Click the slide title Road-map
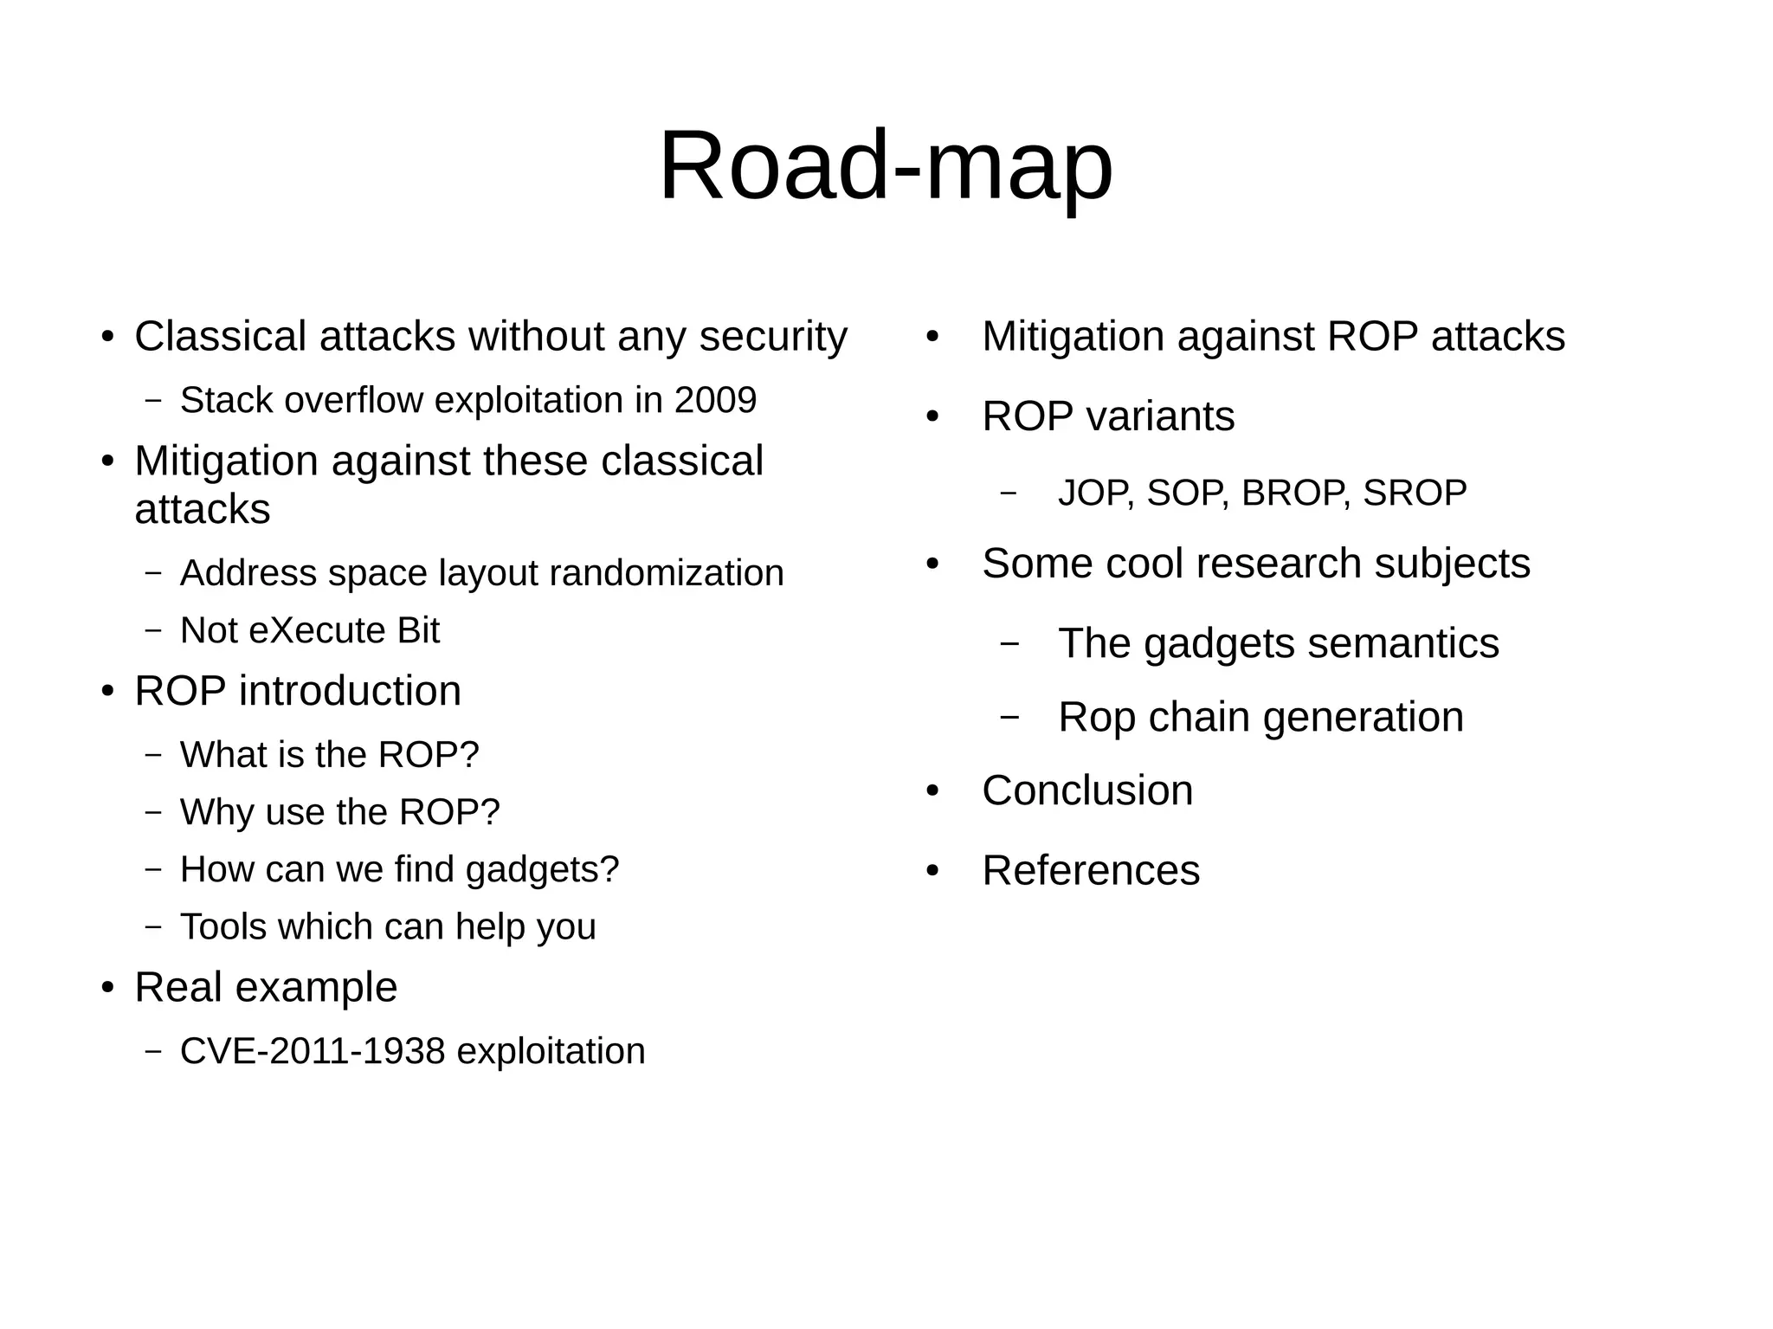[886, 165]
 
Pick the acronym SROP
[1415, 494]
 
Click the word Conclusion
[1087, 790]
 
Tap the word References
[1091, 870]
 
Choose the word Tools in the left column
[223, 926]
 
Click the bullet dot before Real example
[107, 989]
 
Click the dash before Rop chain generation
[1009, 717]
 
